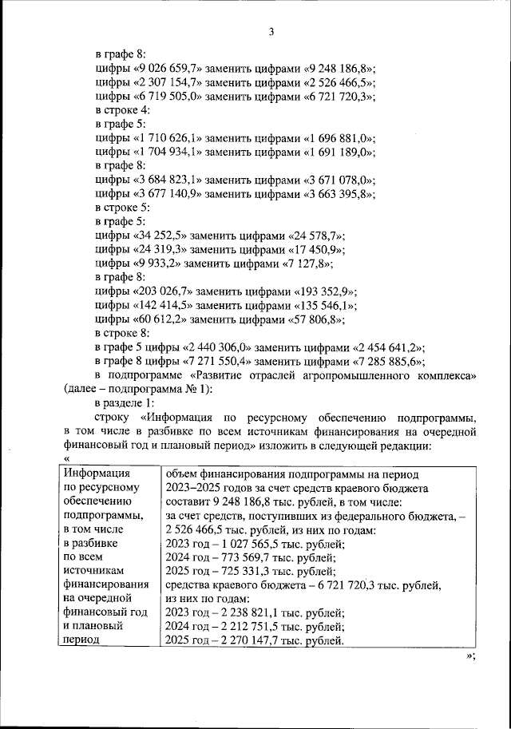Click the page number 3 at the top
[x=271, y=32]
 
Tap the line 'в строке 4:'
[x=121, y=109]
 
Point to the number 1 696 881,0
[x=341, y=137]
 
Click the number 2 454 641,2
[x=387, y=348]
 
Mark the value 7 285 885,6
[x=387, y=362]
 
